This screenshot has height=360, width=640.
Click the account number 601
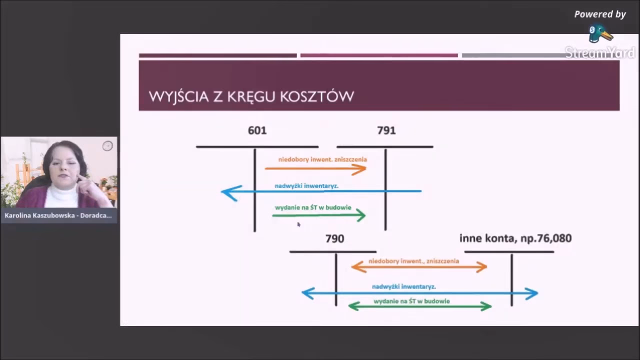tap(257, 130)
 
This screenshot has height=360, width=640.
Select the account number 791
tap(386, 130)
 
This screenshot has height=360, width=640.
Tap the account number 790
tap(334, 239)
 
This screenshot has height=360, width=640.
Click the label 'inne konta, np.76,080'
tap(515, 238)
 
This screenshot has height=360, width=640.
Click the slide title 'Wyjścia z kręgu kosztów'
tap(251, 96)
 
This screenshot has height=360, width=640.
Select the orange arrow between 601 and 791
tap(316, 169)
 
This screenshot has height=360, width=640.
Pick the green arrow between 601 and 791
tap(319, 215)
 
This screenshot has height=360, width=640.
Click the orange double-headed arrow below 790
tap(419, 267)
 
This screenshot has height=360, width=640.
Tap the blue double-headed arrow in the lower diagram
tap(419, 293)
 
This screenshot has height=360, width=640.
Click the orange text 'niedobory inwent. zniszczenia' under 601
tap(322, 159)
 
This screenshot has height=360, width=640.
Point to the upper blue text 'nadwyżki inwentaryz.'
tap(306, 186)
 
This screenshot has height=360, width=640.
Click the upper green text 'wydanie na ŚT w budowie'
tap(313, 207)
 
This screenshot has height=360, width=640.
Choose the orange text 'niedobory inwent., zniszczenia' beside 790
tap(413, 261)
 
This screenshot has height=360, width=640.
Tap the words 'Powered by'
tap(599, 14)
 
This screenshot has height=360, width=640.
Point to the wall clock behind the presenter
tap(107, 146)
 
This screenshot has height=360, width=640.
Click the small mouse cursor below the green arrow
tap(298, 224)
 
